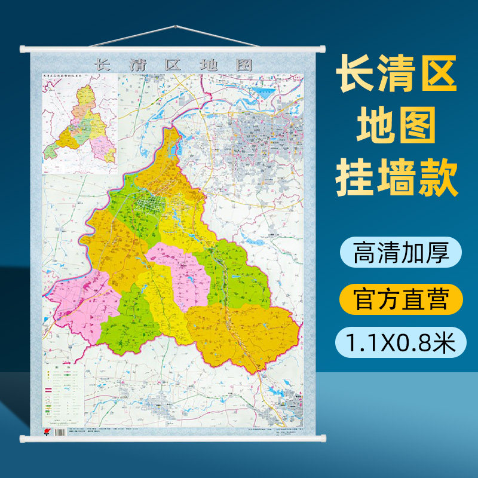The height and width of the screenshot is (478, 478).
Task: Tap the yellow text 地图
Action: pos(397,125)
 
